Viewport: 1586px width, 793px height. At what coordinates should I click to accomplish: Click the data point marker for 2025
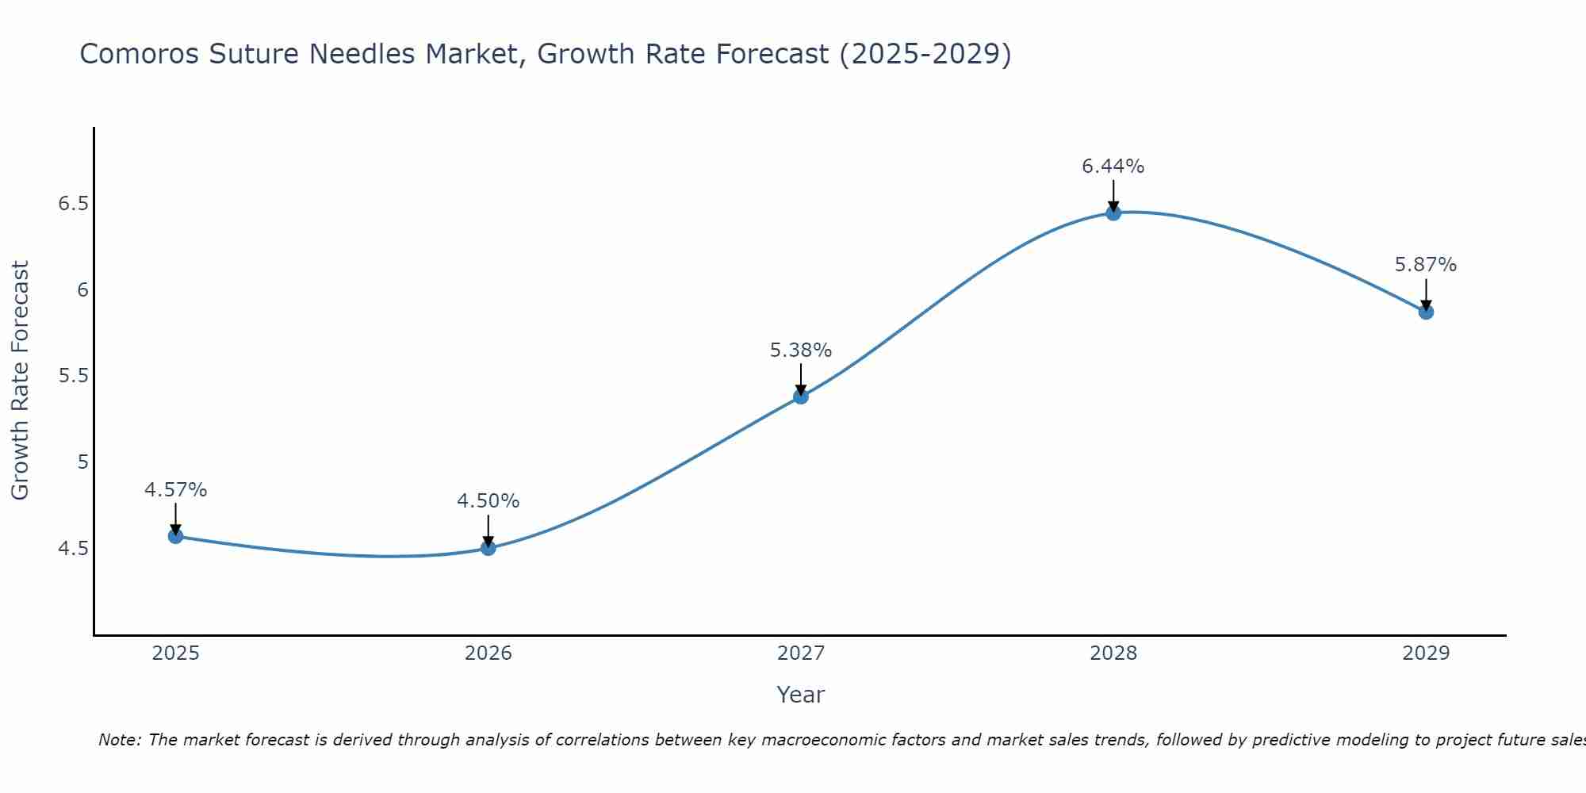[x=175, y=536]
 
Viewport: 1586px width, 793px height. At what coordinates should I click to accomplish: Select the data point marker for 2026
[x=488, y=548]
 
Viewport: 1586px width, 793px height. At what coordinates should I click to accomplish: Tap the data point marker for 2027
[x=801, y=396]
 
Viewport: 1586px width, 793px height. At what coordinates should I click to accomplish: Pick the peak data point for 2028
[x=1113, y=213]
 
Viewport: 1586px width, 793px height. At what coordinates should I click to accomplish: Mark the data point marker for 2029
[x=1426, y=312]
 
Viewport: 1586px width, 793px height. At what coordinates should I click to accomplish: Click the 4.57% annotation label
[x=175, y=490]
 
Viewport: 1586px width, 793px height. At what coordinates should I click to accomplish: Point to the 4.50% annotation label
[x=488, y=501]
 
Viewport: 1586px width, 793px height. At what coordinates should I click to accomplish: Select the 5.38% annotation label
[x=801, y=351]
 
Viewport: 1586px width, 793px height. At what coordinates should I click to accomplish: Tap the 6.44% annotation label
[x=1113, y=167]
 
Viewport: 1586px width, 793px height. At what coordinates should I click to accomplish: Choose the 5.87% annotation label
[x=1426, y=265]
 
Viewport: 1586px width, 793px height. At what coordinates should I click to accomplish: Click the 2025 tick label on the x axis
[x=175, y=653]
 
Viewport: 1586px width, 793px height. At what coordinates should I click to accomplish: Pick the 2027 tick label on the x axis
[x=801, y=653]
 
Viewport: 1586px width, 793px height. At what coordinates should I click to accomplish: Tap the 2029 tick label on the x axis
[x=1426, y=653]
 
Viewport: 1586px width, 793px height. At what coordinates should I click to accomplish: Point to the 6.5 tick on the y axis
[x=73, y=204]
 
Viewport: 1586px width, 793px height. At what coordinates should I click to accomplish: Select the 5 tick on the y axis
[x=82, y=462]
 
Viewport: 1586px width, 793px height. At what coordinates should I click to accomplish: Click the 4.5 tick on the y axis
[x=73, y=548]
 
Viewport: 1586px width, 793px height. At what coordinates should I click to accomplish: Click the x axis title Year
[x=801, y=695]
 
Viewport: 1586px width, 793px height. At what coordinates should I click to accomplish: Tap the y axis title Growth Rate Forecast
[x=21, y=380]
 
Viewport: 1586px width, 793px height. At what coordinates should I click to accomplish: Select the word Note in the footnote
[x=119, y=740]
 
